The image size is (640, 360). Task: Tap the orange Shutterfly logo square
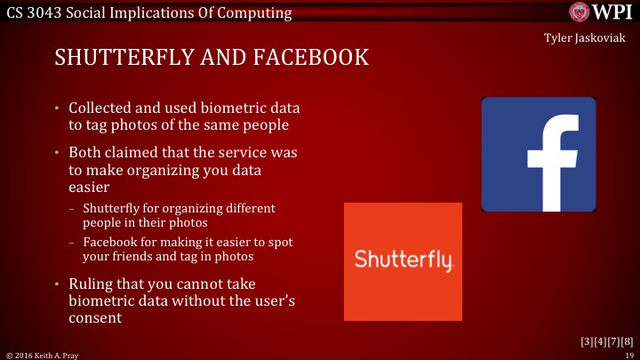pyautogui.click(x=403, y=261)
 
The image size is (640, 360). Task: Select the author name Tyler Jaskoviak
pyautogui.click(x=587, y=39)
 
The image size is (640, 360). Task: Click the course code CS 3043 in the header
pyautogui.click(x=33, y=12)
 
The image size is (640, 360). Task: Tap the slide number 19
pyautogui.click(x=628, y=354)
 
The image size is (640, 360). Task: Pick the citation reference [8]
pyautogui.click(x=627, y=341)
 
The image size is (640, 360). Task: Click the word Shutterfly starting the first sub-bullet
pyautogui.click(x=111, y=208)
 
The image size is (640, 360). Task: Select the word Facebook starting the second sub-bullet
pyautogui.click(x=109, y=243)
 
